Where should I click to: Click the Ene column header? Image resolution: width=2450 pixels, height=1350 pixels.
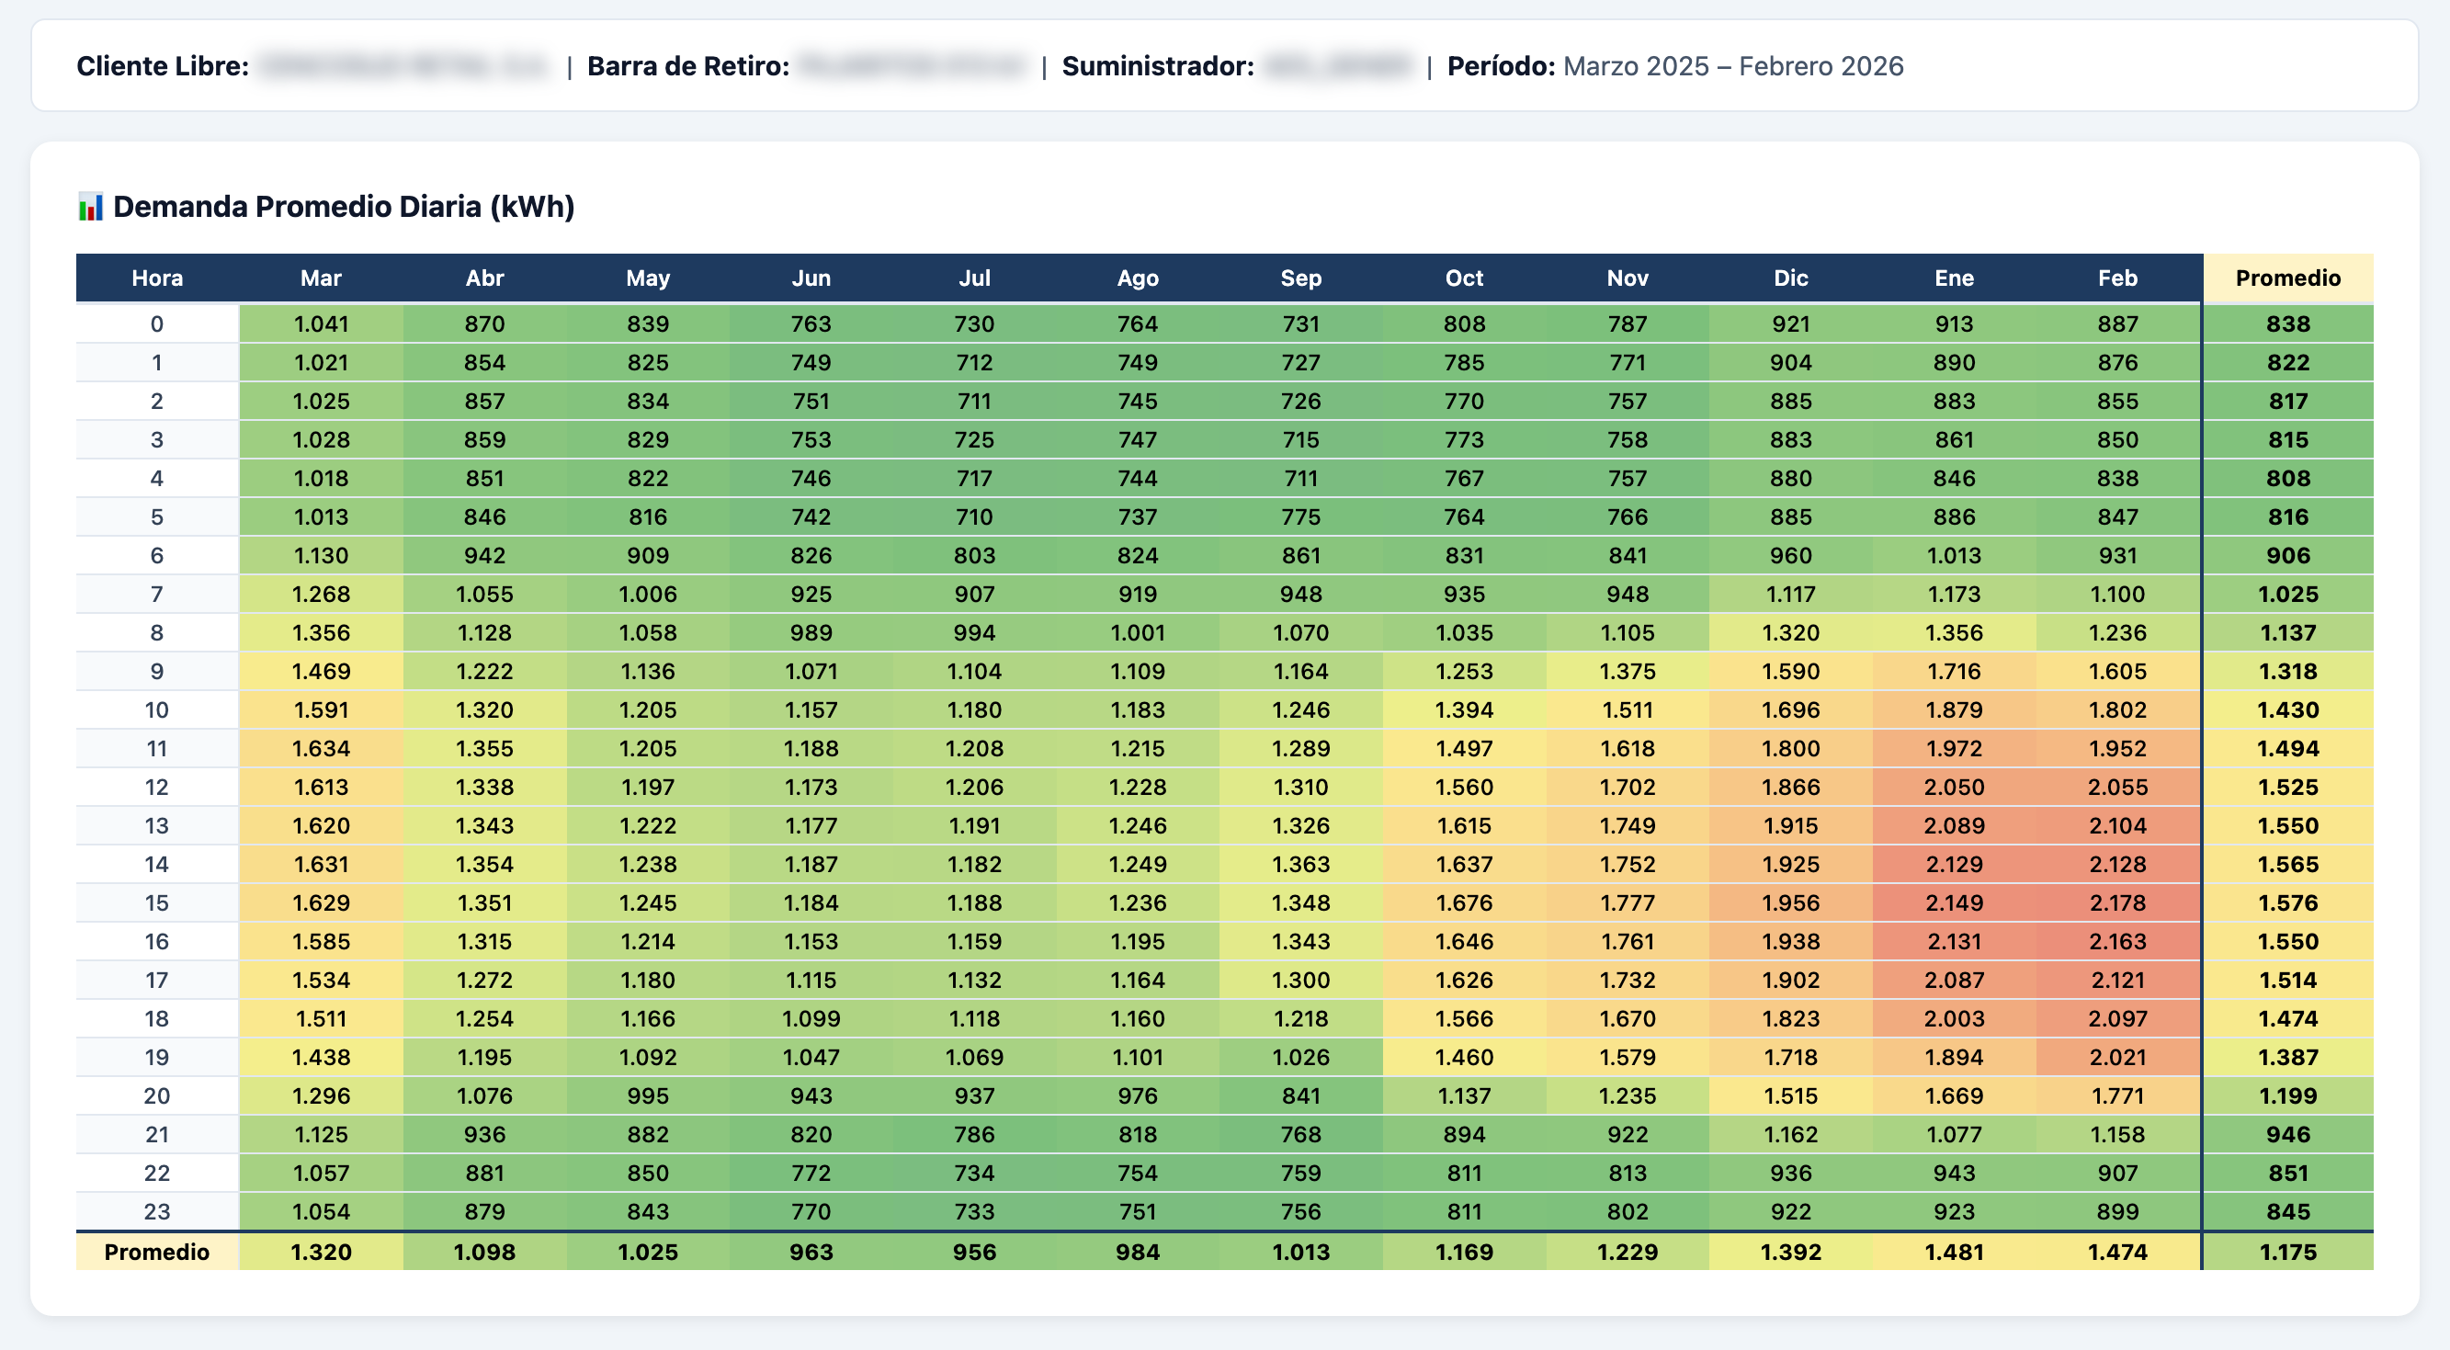(x=1954, y=278)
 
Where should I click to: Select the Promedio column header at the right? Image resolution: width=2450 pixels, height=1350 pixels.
(x=2287, y=278)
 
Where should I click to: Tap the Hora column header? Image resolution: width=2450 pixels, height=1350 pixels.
(x=157, y=278)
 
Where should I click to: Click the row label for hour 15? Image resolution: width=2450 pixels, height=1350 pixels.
(x=157, y=902)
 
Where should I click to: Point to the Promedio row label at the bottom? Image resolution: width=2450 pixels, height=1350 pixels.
(x=157, y=1252)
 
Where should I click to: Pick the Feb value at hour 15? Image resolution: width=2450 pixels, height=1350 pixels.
(x=2117, y=902)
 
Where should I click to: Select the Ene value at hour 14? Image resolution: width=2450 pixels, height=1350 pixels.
(x=1954, y=864)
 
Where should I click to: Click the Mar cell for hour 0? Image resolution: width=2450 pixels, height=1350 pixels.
(x=322, y=324)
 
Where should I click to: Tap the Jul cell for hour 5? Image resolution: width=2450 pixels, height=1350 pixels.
(x=974, y=516)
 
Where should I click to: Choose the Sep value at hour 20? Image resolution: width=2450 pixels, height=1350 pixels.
(x=1300, y=1096)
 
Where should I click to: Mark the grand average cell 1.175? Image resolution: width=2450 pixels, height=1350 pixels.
(x=2287, y=1252)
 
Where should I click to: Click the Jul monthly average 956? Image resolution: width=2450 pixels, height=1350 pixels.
(x=974, y=1252)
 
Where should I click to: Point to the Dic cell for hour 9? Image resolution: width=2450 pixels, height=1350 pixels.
(x=1790, y=672)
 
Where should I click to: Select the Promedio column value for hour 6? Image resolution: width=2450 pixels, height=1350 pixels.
(x=2287, y=556)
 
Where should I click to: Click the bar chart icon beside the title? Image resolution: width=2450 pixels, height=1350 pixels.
(x=90, y=207)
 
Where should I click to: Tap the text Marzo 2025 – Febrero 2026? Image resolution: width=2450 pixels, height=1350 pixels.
(x=1733, y=66)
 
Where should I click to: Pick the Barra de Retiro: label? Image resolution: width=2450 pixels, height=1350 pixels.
(x=687, y=66)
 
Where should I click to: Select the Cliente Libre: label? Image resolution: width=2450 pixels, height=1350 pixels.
(x=163, y=66)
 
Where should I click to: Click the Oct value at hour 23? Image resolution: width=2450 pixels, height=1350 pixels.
(x=1464, y=1212)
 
